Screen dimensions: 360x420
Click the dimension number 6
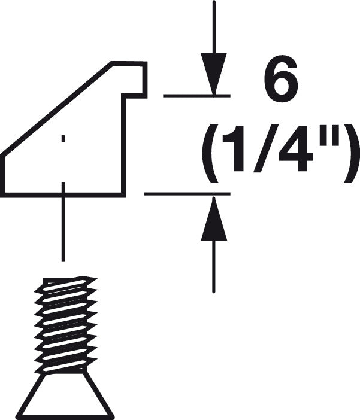click(280, 79)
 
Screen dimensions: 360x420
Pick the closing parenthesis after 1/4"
click(351, 153)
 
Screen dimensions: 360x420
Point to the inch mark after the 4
click(326, 136)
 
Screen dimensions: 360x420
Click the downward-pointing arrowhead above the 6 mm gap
click(214, 74)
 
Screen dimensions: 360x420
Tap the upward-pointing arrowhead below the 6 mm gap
click(214, 218)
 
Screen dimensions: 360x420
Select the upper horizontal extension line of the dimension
click(196, 95)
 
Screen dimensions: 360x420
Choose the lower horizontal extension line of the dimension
click(187, 193)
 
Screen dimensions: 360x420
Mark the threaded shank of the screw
click(66, 325)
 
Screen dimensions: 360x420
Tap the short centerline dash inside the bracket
click(63, 138)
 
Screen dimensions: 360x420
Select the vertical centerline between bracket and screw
click(63, 222)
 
